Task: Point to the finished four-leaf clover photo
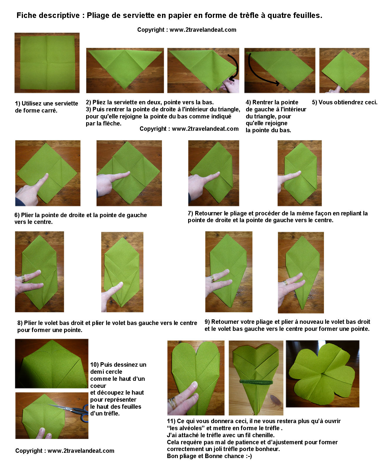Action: tap(322, 374)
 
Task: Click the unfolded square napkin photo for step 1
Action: tap(47, 63)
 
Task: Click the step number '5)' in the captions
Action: tap(315, 102)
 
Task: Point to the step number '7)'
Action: tap(190, 213)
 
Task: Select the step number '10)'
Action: tap(94, 365)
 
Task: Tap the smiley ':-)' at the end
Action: tap(249, 456)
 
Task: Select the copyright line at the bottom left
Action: tap(65, 451)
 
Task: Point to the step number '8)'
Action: tap(20, 323)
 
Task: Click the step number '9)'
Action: tap(207, 322)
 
